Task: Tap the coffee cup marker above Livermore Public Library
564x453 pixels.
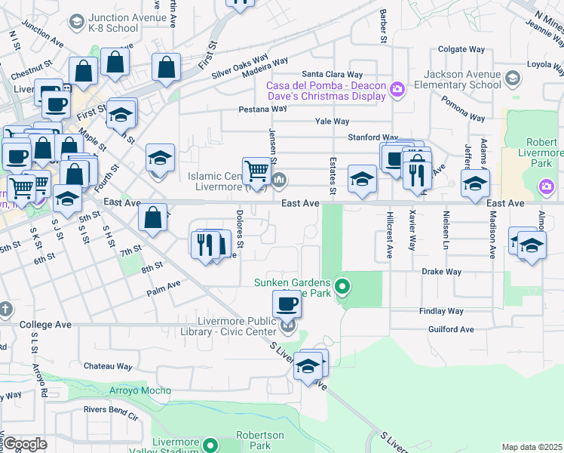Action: [x=287, y=304]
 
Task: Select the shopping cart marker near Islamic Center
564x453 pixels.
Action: [x=256, y=171]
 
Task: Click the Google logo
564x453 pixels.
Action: [x=25, y=444]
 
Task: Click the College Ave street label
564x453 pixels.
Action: [x=45, y=325]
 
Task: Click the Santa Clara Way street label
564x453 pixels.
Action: [x=333, y=75]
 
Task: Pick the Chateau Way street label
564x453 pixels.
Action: [x=108, y=366]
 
